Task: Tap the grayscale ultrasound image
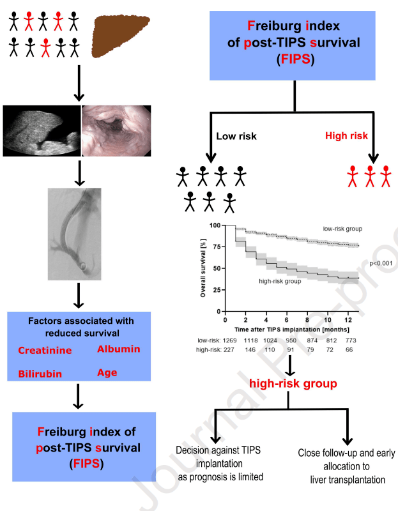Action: pos(42,130)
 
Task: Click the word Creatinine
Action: pos(45,350)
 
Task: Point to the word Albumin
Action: pos(118,349)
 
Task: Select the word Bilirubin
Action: pos(40,374)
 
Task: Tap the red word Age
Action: pos(107,372)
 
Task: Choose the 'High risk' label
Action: pos(346,135)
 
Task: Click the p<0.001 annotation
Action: pos(381,263)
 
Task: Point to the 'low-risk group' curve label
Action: pos(342,228)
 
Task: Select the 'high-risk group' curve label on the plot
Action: pos(280,280)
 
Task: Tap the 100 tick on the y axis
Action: pos(215,225)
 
